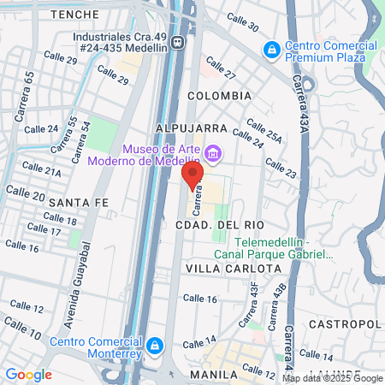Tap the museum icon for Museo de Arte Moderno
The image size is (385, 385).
pos(214,155)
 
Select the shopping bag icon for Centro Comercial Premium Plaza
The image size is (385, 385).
pos(272,50)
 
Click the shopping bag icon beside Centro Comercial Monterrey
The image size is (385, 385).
pos(155,346)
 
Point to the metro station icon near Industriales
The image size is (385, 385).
pos(176,41)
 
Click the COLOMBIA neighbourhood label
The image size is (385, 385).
pos(220,96)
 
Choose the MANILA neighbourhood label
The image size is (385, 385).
pos(212,375)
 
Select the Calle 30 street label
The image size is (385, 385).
pos(243,21)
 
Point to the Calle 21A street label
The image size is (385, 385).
pos(41,170)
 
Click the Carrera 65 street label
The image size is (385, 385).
pos(30,88)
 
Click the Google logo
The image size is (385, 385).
pos(28,374)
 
